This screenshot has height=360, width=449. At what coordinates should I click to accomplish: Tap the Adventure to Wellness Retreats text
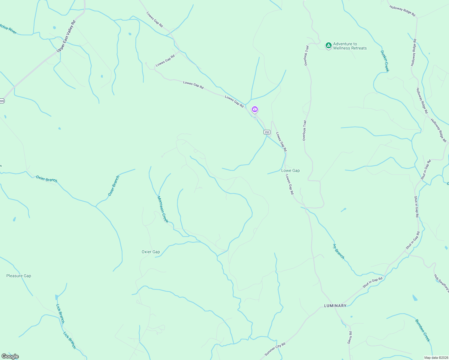(350, 46)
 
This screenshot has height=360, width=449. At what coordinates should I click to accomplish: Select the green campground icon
(328, 46)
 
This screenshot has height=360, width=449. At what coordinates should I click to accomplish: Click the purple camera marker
(255, 109)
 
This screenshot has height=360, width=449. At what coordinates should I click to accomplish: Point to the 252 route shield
(267, 132)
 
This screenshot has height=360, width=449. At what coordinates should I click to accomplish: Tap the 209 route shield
(2, 101)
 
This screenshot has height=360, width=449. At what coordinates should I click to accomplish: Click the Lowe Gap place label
(290, 170)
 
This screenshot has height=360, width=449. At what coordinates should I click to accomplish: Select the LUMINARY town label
(335, 306)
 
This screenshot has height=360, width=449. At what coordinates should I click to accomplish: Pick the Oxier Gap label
(151, 252)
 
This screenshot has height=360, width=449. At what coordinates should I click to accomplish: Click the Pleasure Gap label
(19, 276)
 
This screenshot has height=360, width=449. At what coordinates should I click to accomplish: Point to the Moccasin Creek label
(163, 209)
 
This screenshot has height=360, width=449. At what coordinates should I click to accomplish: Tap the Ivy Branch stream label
(339, 251)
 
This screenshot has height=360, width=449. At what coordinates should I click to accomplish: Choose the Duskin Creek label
(385, 61)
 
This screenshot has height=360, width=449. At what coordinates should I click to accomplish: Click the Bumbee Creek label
(423, 330)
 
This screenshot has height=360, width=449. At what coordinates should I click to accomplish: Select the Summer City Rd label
(275, 349)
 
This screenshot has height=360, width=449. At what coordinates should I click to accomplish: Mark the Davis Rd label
(350, 337)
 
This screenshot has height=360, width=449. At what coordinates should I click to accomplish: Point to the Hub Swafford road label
(441, 283)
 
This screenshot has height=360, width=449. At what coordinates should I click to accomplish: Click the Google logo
(10, 356)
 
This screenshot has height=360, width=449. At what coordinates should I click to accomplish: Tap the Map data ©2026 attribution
(436, 358)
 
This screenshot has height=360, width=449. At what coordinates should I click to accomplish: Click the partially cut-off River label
(8, 29)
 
